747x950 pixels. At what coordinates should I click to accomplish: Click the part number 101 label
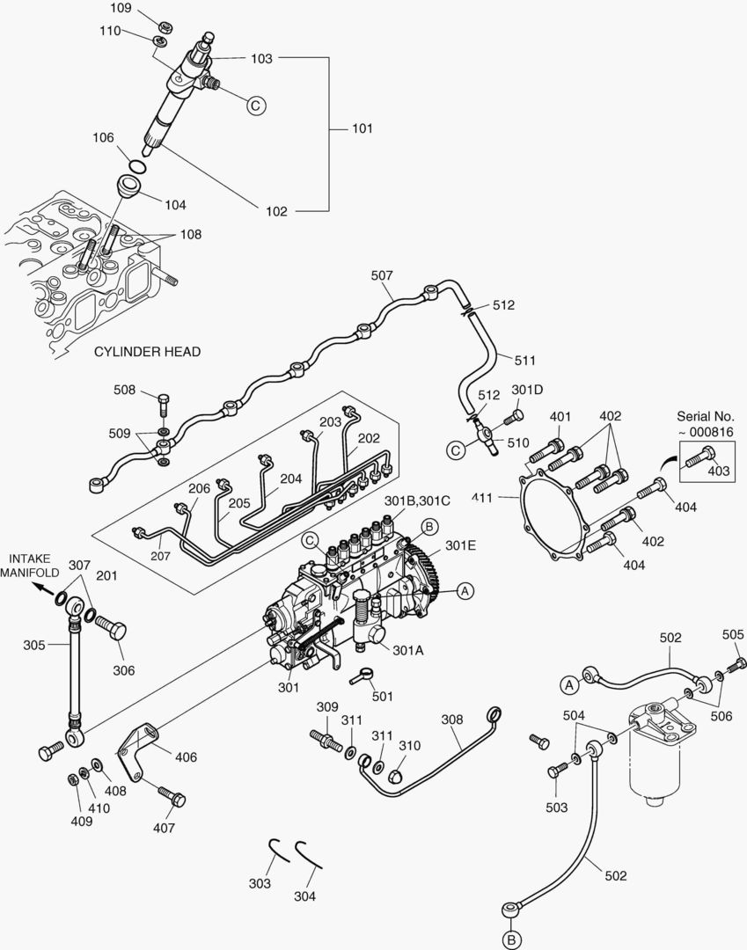[363, 128]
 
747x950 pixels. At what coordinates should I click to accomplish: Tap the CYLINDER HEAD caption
[147, 352]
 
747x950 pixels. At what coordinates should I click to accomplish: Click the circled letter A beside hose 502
[569, 683]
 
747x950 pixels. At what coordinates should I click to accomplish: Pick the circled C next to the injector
[255, 106]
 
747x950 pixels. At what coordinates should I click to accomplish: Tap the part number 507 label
[381, 275]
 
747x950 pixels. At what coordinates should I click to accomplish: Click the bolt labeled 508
[165, 405]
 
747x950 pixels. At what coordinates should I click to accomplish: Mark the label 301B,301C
[417, 500]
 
